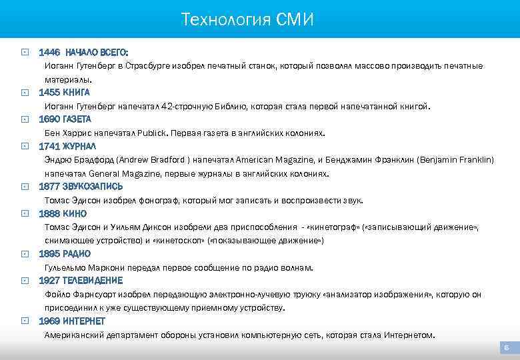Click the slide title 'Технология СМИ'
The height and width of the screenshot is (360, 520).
point(247,20)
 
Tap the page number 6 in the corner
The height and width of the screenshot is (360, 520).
point(507,348)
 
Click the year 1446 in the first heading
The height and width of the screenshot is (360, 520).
point(49,52)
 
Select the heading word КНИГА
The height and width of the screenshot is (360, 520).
point(77,92)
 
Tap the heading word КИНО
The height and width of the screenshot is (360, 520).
point(75,213)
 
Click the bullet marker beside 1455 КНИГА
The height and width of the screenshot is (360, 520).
point(24,92)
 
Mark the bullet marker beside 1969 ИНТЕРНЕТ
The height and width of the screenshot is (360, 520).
point(24,321)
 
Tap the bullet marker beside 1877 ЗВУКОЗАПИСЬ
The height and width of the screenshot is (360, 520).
point(24,187)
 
